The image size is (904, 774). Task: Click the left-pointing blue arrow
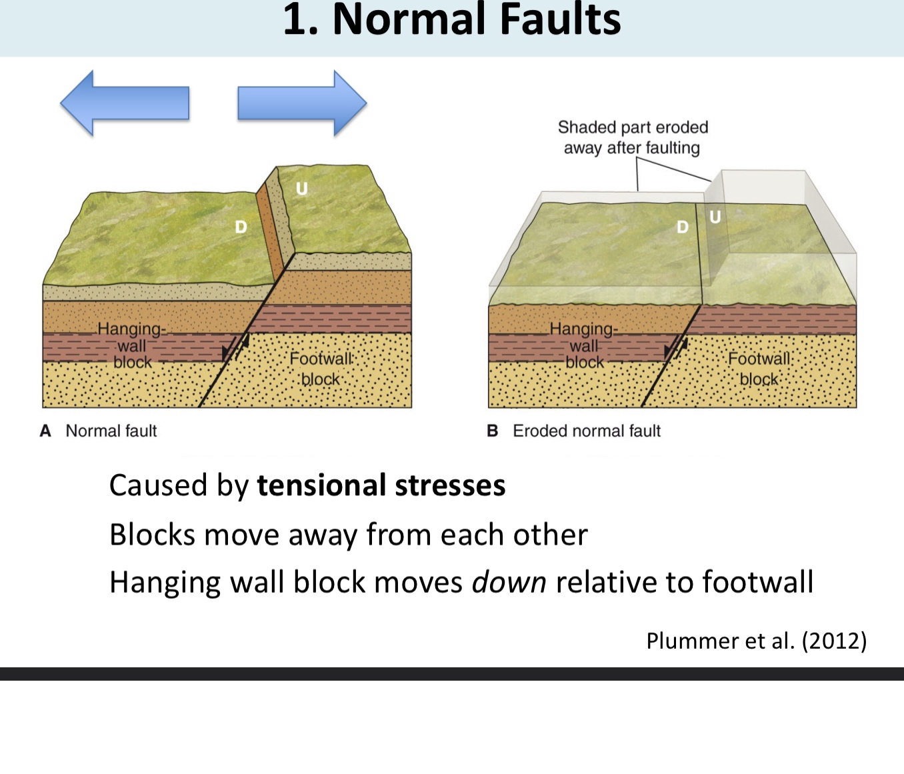[124, 103]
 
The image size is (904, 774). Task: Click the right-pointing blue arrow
[302, 103]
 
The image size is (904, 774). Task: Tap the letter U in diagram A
[302, 189]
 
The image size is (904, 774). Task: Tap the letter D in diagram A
[241, 227]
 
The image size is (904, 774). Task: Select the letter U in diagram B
[715, 217]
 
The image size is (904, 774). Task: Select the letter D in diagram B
[682, 227]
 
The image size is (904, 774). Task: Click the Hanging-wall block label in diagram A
[132, 346]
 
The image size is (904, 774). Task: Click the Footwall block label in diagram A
[321, 369]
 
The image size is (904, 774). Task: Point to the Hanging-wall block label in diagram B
[584, 346]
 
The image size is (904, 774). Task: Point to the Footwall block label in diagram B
[759, 369]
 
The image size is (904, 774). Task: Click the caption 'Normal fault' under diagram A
[111, 431]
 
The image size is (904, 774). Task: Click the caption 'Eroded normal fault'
[586, 431]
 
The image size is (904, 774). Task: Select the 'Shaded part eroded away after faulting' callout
[632, 137]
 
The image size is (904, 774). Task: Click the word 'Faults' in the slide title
[559, 20]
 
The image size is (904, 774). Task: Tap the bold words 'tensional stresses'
[381, 485]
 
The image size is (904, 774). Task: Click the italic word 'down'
[509, 582]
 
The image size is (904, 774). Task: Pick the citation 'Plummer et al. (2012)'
[756, 641]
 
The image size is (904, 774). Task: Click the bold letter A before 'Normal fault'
[45, 431]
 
